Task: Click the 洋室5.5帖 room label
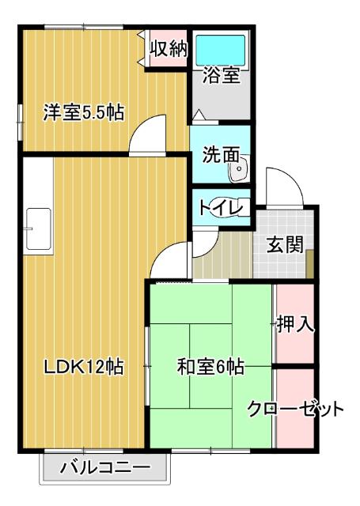pos(82,112)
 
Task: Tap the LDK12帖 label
pos(82,367)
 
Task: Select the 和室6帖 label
pos(210,367)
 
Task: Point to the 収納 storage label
pos(168,49)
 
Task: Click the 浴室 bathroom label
pos(221,76)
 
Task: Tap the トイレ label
pos(214,208)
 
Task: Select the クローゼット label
pos(296,410)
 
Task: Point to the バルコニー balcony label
pos(105,468)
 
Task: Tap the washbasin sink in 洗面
pos(243,167)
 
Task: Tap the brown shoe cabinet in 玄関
pos(311,262)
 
